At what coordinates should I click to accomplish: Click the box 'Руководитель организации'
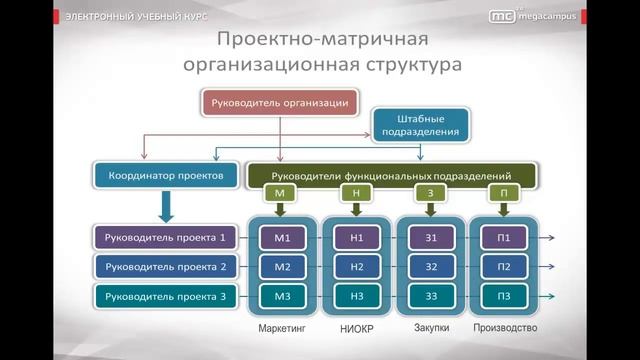click(279, 102)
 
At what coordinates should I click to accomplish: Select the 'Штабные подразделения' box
click(421, 124)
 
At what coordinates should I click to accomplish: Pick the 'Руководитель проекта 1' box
click(166, 238)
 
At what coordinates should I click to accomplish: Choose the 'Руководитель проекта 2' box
click(166, 267)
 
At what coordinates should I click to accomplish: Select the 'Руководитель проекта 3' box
click(166, 296)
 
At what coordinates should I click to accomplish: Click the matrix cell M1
click(281, 238)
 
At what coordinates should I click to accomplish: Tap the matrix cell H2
click(357, 267)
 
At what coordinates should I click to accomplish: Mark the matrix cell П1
click(504, 238)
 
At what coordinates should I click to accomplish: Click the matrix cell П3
click(504, 296)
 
